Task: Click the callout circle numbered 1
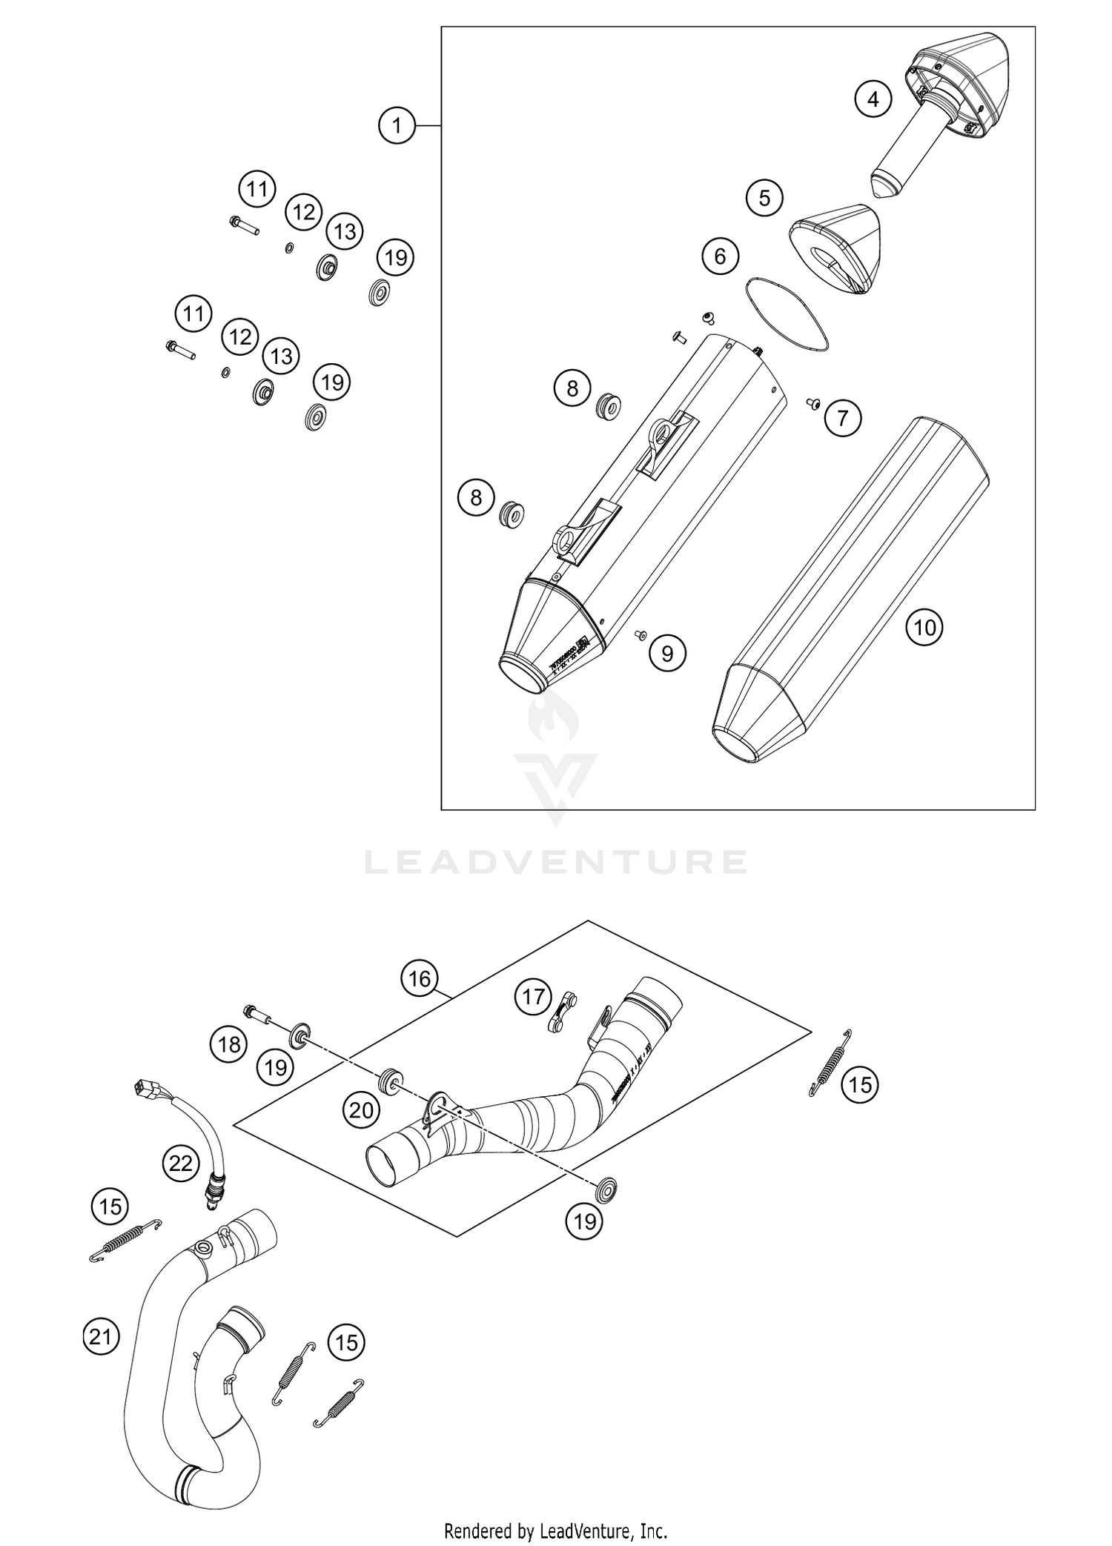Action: pos(397,125)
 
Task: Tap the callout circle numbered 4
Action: pos(873,99)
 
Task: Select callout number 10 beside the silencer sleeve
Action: pos(924,628)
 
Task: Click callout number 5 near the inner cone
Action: pos(764,197)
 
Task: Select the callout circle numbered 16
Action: pos(420,979)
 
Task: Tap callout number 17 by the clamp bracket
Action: pos(533,997)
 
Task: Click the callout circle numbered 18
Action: pos(229,1044)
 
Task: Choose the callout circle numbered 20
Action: pos(361,1110)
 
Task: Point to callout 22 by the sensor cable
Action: pos(180,1164)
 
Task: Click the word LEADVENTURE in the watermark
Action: pos(555,862)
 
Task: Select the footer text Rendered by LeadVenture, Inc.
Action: pos(555,1530)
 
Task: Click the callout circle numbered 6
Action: pos(720,256)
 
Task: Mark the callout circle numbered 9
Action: pos(667,653)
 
